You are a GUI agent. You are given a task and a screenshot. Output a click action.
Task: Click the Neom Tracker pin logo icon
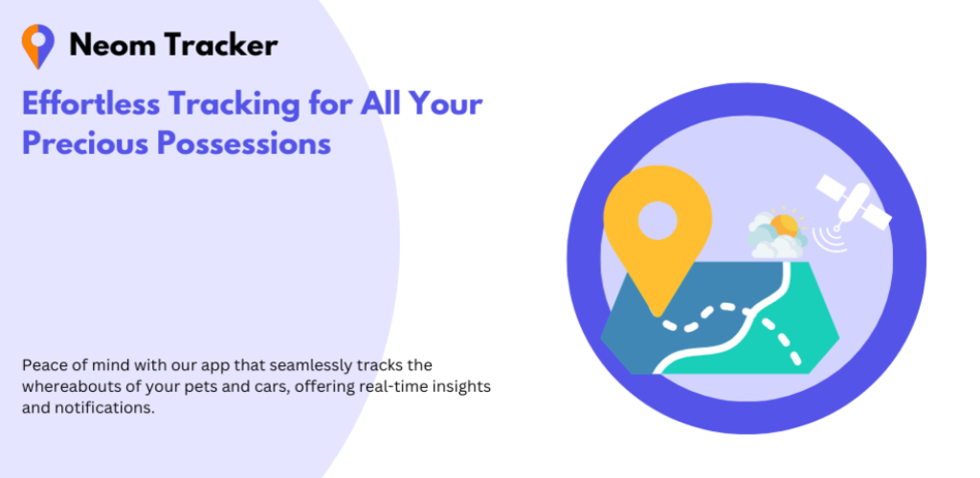[x=37, y=46]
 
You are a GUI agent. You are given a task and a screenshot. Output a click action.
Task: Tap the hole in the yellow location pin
[x=657, y=221]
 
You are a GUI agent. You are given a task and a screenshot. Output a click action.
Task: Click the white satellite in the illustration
[x=854, y=202]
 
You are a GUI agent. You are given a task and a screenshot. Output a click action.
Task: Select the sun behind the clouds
[x=785, y=224]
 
